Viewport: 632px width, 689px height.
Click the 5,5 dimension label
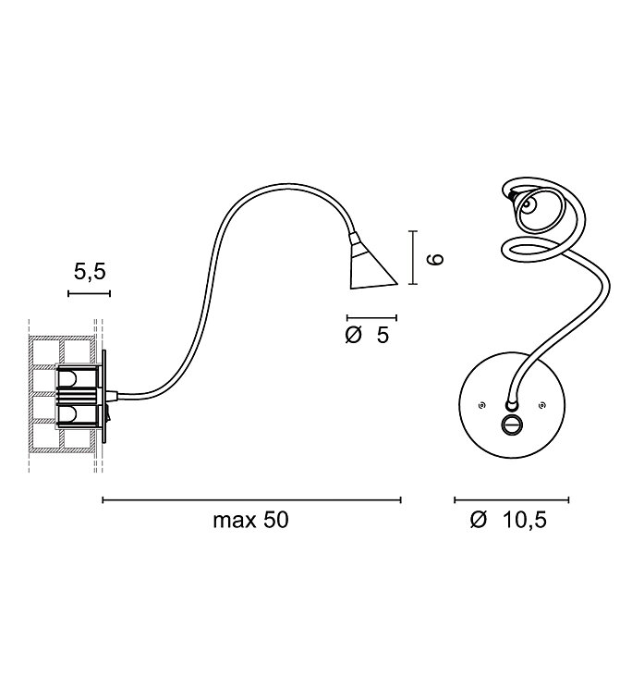coord(90,272)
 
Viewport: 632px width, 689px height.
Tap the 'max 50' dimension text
coord(250,520)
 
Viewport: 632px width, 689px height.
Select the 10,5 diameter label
coord(525,520)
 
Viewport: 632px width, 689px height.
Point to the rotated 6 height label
coord(436,259)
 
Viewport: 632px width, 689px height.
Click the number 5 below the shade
coord(383,336)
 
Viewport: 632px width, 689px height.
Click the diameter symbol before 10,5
coord(479,520)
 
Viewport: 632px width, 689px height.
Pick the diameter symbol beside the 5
coord(353,336)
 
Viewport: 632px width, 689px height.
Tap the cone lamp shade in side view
coord(371,265)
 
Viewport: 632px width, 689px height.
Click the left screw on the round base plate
coord(481,405)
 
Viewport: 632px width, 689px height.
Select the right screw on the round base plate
coord(542,405)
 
